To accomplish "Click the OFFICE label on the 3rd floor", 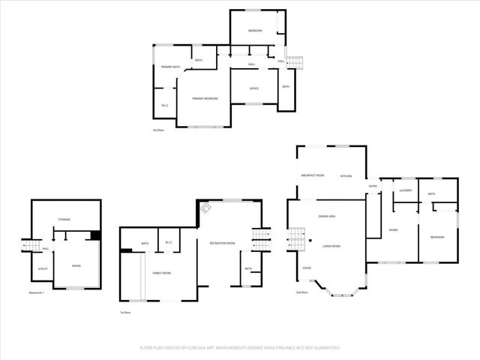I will [254, 88].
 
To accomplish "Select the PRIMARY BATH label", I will [170, 67].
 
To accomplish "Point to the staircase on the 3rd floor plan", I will [295, 62].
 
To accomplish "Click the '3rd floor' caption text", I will [158, 130].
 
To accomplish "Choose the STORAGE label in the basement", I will [64, 220].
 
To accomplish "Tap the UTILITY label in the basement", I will [43, 268].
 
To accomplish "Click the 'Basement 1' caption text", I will [37, 292].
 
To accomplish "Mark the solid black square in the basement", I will [94, 235].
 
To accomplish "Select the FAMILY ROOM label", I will [163, 273].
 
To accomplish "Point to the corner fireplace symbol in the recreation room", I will [205, 208].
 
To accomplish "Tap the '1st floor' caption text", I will [126, 313].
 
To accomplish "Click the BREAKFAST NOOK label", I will [312, 175].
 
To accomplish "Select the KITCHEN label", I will [346, 175].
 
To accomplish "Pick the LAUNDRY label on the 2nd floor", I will [406, 190].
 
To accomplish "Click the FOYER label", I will [307, 268].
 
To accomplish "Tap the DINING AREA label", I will [326, 216].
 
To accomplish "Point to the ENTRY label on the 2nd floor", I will [373, 186].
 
